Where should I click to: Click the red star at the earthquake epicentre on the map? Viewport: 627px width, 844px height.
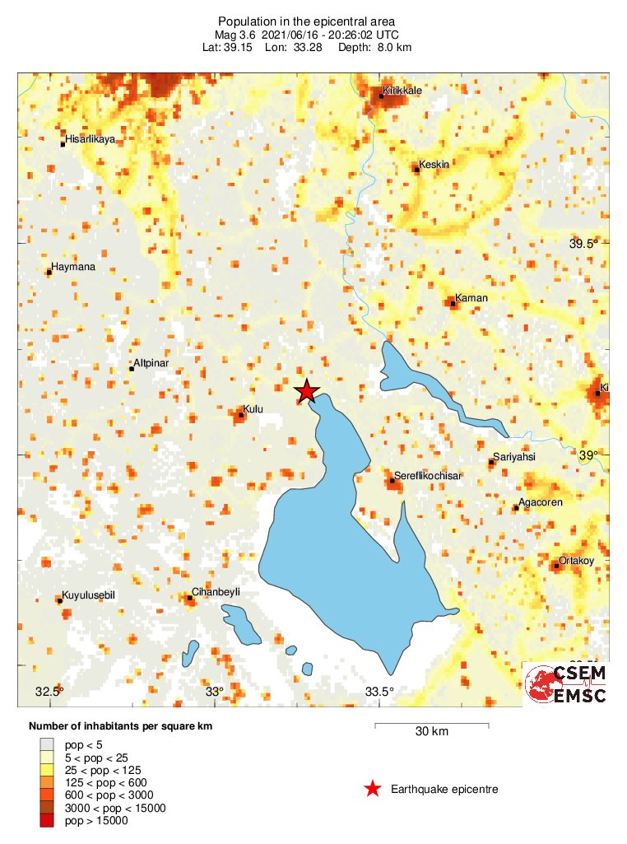point(307,391)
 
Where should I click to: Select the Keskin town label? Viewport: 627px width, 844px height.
point(434,165)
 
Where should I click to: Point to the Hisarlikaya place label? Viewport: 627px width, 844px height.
point(91,140)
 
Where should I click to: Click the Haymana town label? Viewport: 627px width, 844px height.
point(73,267)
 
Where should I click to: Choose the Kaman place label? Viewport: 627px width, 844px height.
point(471,298)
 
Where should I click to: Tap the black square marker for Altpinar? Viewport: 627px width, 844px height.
point(132,369)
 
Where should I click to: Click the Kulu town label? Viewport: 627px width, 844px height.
point(253,409)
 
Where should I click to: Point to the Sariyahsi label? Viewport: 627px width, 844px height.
point(513,457)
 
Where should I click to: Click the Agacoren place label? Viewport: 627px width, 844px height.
point(541,502)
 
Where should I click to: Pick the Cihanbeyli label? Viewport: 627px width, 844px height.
point(216,592)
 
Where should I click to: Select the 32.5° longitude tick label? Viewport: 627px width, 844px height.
point(49,691)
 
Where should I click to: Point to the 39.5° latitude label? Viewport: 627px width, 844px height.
point(583,244)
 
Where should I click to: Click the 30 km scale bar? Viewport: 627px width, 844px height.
point(432,725)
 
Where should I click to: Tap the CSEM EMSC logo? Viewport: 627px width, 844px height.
point(566,684)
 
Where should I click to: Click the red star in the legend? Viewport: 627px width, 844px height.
point(373,789)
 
